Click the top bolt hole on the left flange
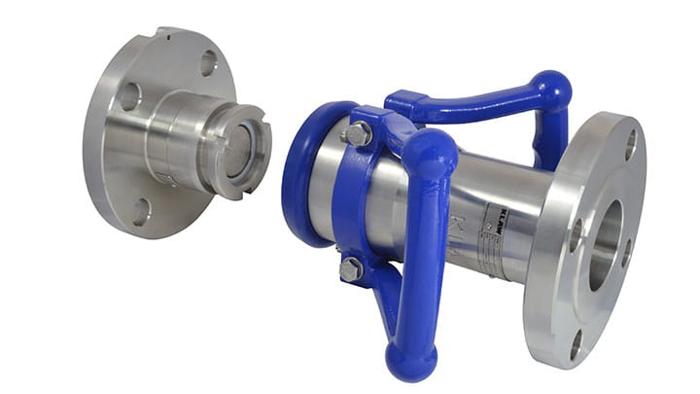point(208,63)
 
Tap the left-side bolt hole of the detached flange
point(128,96)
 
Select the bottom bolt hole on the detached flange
point(142,208)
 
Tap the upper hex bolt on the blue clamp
point(357,134)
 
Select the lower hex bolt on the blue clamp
point(352,269)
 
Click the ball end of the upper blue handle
point(552,90)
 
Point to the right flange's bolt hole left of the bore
point(577,233)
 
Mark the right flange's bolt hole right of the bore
point(626,254)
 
